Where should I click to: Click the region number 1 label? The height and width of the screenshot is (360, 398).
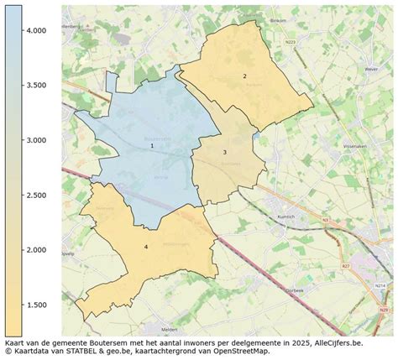pos(152,146)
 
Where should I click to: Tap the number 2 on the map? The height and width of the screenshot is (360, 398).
pos(244,76)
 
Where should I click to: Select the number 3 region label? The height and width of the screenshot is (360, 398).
pos(224,152)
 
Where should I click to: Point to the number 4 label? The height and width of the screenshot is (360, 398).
pos(145,247)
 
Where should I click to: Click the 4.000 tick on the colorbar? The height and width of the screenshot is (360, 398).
pos(34,30)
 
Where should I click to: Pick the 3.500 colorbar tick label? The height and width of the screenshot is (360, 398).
pos(34,85)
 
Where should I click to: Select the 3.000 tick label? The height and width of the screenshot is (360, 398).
pos(34,140)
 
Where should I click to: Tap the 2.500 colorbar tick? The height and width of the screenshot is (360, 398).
pos(34,195)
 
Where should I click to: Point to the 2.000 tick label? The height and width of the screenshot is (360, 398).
pos(34,250)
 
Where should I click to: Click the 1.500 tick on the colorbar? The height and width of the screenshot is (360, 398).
pos(34,305)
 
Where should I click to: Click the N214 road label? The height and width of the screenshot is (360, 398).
pos(380,286)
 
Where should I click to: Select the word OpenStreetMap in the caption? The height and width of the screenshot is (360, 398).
pos(242,352)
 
